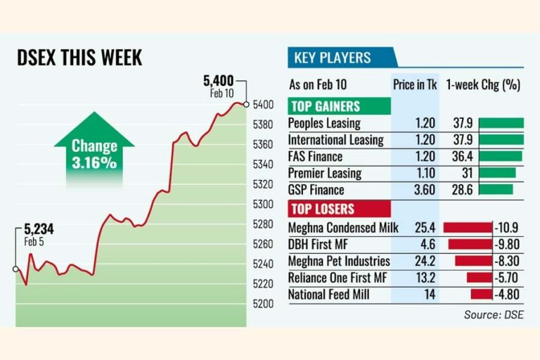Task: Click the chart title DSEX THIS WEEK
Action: [79, 58]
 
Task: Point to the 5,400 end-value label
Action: [218, 81]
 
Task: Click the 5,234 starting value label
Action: [39, 229]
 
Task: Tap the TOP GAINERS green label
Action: [325, 107]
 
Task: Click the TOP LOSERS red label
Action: [323, 210]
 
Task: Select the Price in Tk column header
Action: [415, 84]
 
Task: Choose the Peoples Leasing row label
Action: [324, 123]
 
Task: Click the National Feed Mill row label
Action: [329, 295]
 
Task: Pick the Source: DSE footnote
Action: [494, 315]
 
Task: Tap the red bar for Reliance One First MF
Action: [480, 278]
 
